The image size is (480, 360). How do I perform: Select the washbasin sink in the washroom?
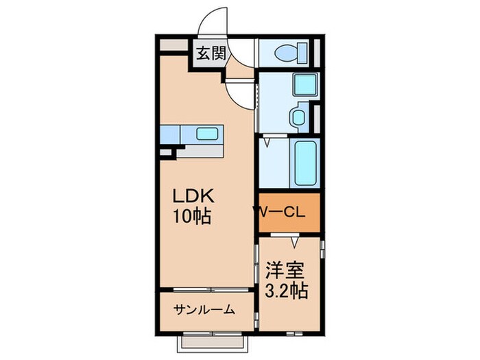coord(299,117)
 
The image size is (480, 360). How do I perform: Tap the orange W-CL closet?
coord(289,213)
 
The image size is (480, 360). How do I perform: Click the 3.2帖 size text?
coord(285,290)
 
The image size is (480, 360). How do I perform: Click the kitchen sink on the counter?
coord(207,134)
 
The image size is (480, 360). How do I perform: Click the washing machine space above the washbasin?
coord(302,84)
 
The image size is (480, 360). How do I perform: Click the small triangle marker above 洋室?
coord(294,242)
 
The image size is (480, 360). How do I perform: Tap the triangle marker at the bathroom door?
coord(269,143)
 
